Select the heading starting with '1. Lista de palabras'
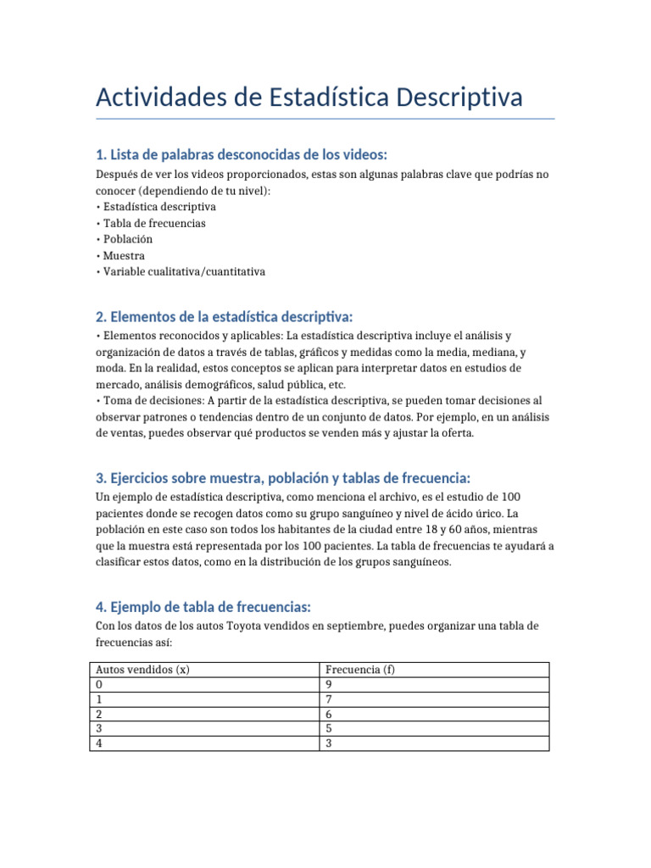(x=242, y=154)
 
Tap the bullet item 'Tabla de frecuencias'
(x=154, y=223)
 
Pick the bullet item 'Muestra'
(x=124, y=255)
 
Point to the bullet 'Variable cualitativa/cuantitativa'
(x=184, y=272)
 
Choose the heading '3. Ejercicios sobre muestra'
(x=283, y=478)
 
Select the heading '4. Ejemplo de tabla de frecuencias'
(x=203, y=607)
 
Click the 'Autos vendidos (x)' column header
(x=142, y=669)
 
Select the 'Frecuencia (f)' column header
(x=360, y=669)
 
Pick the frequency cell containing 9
(x=330, y=684)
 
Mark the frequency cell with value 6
(x=330, y=714)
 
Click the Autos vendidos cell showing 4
(x=100, y=743)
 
